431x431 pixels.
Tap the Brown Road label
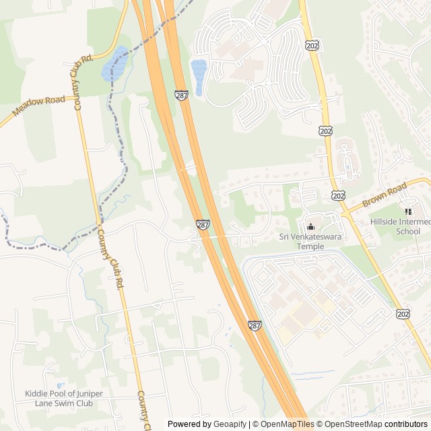pyautogui.click(x=385, y=196)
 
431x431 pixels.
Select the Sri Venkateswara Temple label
pyautogui.click(x=311, y=241)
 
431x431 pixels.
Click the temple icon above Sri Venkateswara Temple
pyautogui.click(x=310, y=226)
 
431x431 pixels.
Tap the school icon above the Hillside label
pyautogui.click(x=408, y=211)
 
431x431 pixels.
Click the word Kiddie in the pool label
pyautogui.click(x=38, y=394)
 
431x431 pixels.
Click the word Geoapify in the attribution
pyautogui.click(x=229, y=424)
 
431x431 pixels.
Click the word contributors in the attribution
pyautogui.click(x=407, y=424)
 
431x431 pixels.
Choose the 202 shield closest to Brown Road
pyautogui.click(x=338, y=195)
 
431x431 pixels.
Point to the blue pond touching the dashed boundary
pyautogui.click(x=114, y=62)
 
